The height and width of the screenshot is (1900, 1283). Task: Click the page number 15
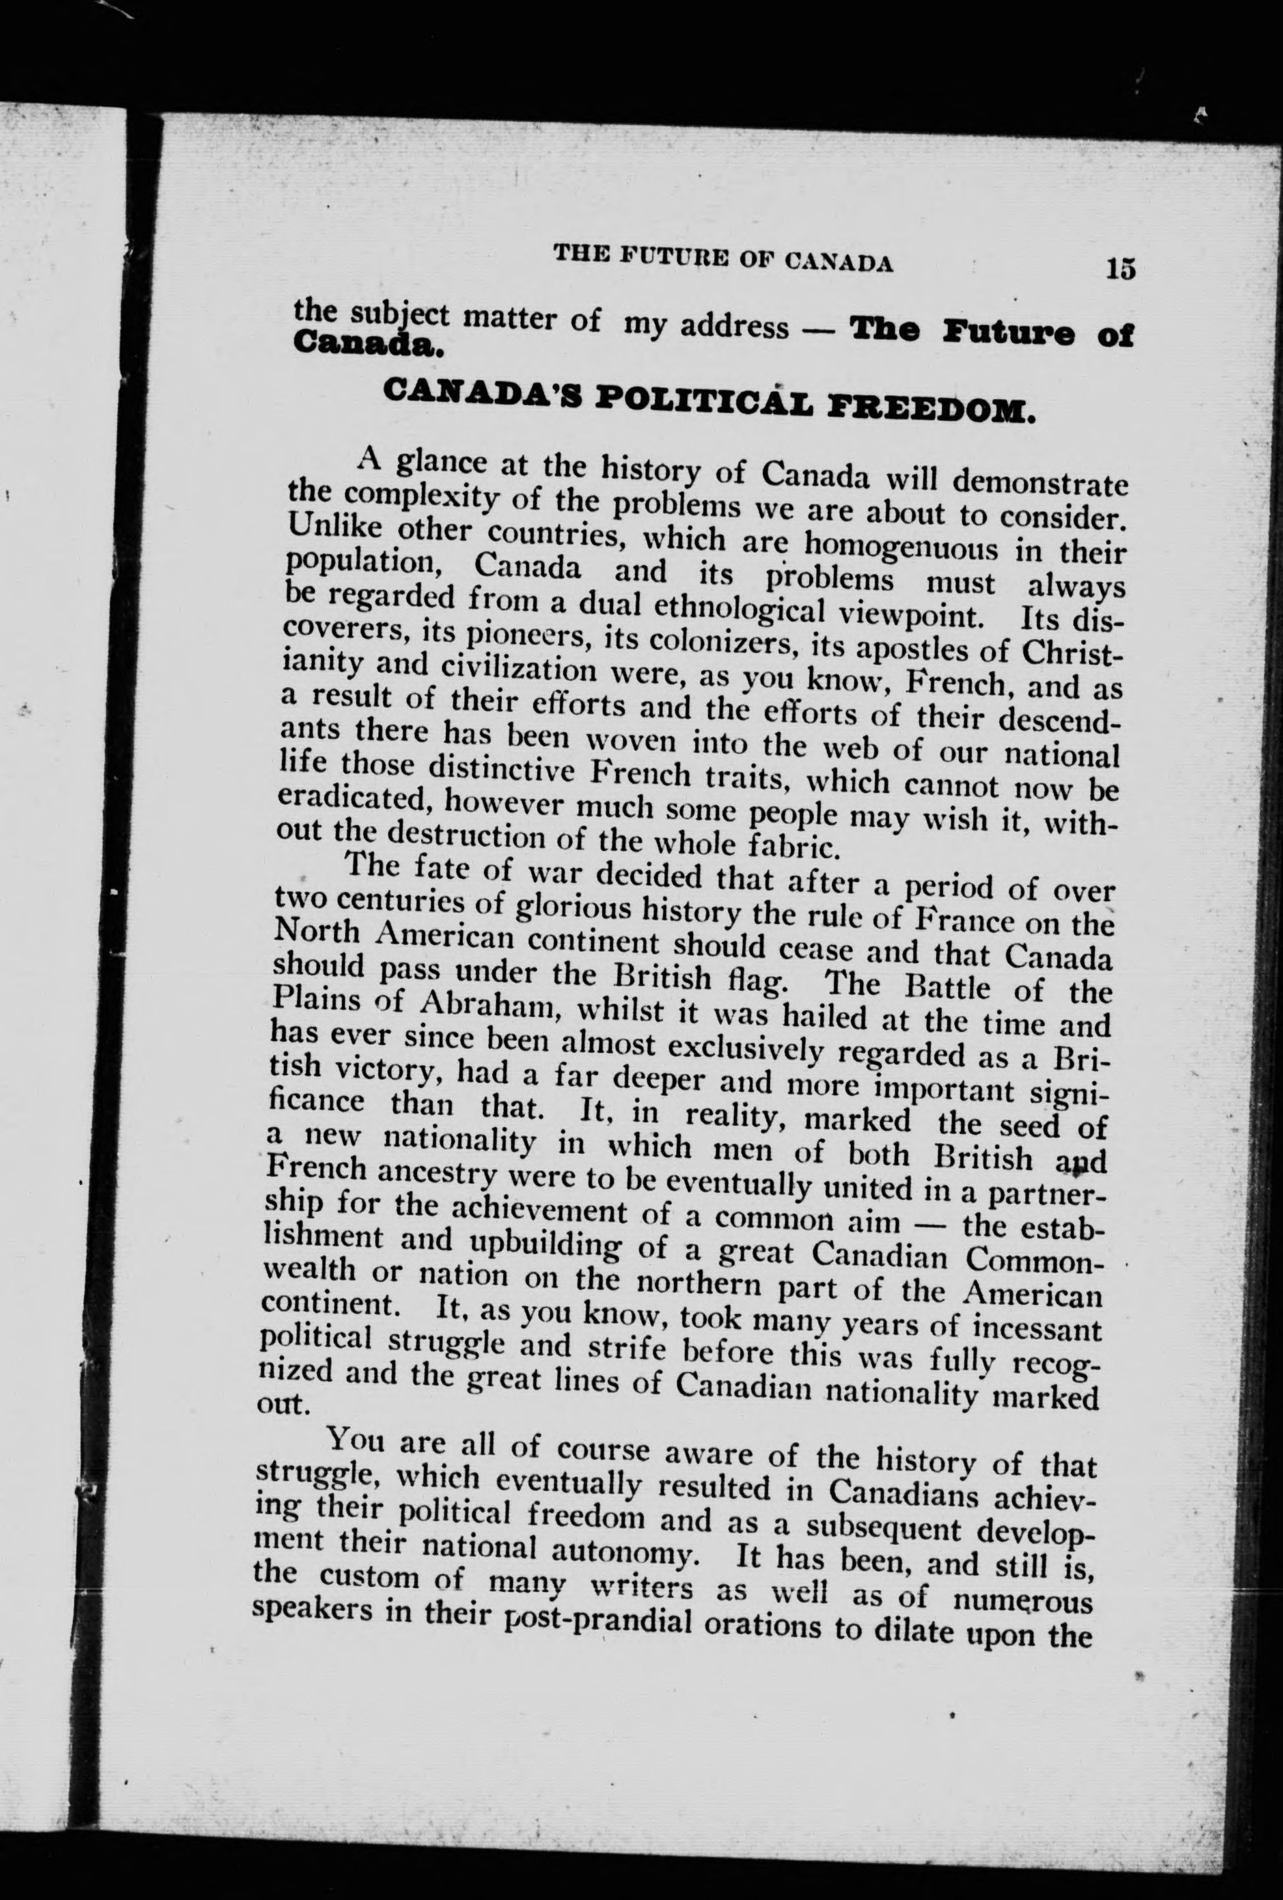click(x=1120, y=269)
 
